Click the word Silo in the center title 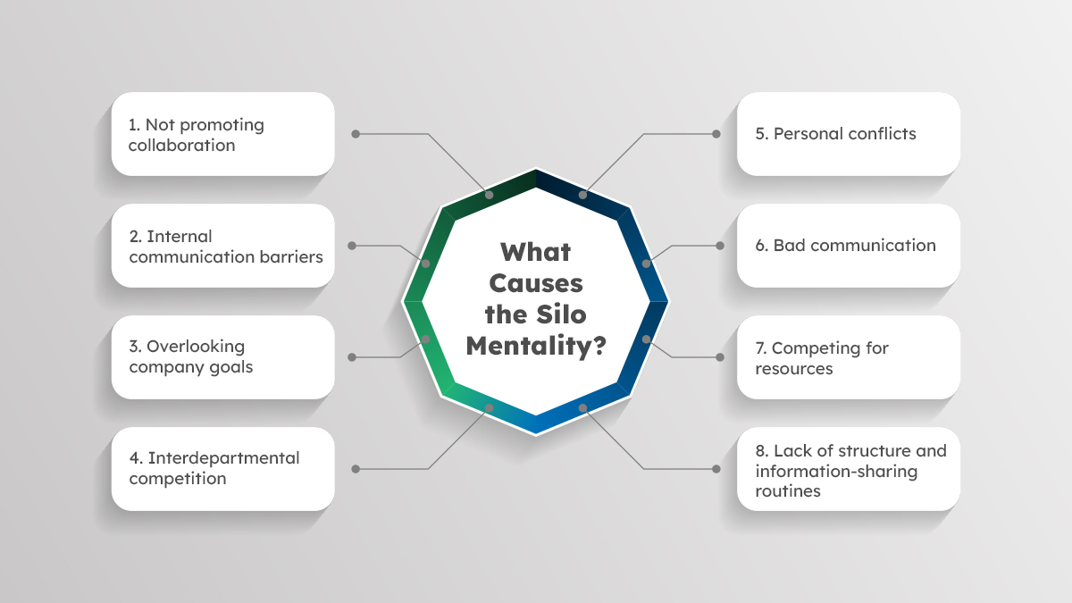click(561, 314)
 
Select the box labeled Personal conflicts click(849, 134)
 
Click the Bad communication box click(849, 246)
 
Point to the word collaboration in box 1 click(182, 145)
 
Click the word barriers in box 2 click(291, 256)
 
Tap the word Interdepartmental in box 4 click(223, 458)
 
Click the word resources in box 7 click(794, 368)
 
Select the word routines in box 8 click(788, 491)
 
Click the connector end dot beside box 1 click(356, 134)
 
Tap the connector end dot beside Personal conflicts click(716, 134)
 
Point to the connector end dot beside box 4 click(356, 469)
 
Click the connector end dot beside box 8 click(716, 469)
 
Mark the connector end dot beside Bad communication click(720, 246)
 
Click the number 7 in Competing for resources click(760, 348)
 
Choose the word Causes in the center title click(536, 283)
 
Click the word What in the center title click(535, 252)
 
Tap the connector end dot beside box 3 click(352, 357)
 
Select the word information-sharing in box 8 click(836, 472)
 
